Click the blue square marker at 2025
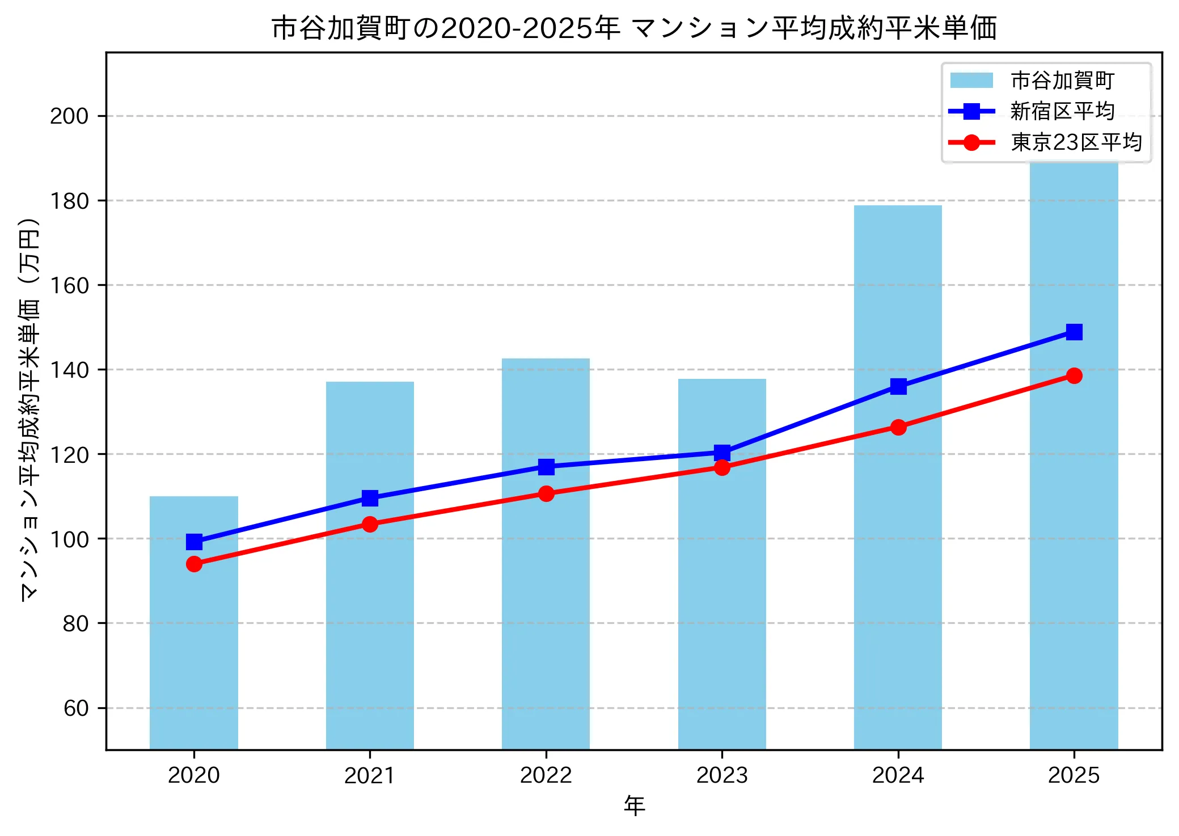1074,332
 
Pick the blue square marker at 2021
370,498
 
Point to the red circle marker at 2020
194,564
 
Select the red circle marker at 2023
722,467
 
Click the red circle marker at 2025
1074,375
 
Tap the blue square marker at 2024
898,387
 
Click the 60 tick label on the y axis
76,708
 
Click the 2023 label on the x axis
722,775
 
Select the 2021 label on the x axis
370,775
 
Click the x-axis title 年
634,806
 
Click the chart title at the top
634,28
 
